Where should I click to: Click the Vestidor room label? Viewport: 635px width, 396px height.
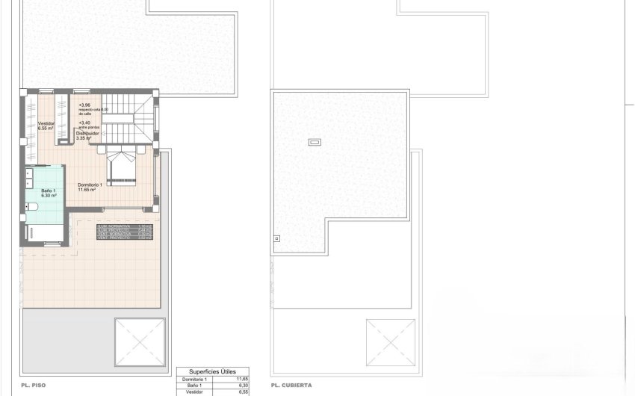[x=46, y=124]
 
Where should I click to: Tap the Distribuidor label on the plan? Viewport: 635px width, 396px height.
[x=90, y=133]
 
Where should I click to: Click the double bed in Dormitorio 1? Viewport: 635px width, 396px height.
[x=121, y=167]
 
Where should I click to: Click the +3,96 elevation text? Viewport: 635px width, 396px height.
[x=84, y=105]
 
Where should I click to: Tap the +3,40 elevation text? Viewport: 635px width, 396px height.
[x=84, y=123]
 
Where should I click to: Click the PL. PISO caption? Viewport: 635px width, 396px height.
[x=34, y=386]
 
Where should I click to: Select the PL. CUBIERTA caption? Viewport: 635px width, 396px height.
[x=292, y=386]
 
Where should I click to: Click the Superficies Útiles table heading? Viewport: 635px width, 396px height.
[x=213, y=371]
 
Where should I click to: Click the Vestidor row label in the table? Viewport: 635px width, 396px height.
[x=192, y=392]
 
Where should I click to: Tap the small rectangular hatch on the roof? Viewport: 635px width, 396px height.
[x=315, y=141]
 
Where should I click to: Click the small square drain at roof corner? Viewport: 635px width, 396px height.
[x=277, y=239]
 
